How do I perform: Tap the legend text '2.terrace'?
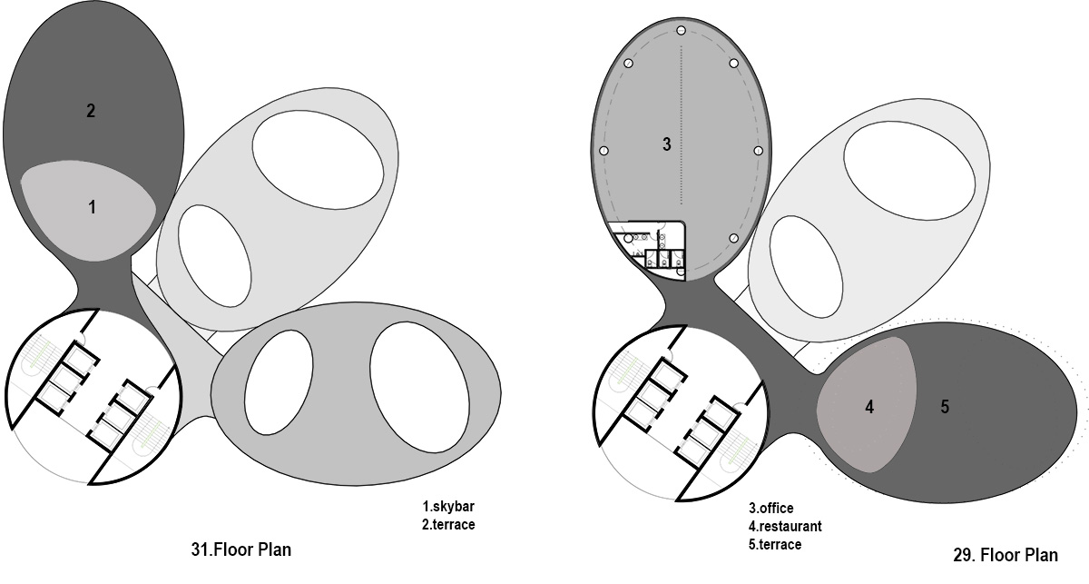click(x=448, y=524)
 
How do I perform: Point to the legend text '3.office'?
click(x=770, y=509)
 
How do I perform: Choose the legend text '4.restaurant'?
click(x=785, y=527)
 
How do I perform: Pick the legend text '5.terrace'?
click(x=775, y=545)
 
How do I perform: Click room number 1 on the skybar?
click(x=92, y=208)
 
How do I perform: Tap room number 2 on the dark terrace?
click(x=91, y=112)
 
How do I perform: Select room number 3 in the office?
click(x=666, y=144)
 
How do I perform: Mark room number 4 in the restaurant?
click(x=868, y=408)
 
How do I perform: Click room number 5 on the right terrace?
click(x=945, y=407)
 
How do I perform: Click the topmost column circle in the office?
click(x=681, y=31)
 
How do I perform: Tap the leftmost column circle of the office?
click(x=603, y=150)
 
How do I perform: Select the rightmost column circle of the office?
click(x=757, y=150)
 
